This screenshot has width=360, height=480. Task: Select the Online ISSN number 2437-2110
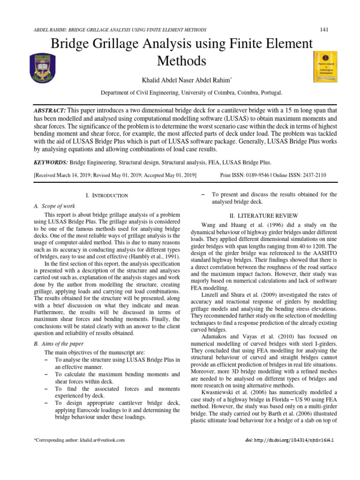[x=314, y=175]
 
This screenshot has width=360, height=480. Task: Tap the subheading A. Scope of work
[x=55, y=206]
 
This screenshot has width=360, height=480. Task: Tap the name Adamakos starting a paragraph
[x=217, y=337]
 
